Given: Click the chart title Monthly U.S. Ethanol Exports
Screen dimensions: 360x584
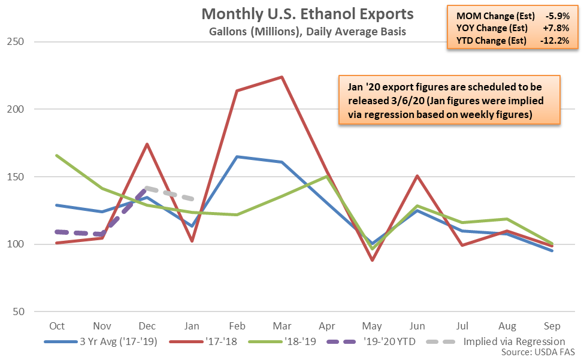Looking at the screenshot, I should (x=307, y=14).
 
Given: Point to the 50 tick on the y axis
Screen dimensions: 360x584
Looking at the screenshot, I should (x=22, y=311).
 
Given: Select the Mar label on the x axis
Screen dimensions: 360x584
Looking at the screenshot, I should (x=282, y=326).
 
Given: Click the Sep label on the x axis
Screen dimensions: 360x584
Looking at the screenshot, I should (x=552, y=326).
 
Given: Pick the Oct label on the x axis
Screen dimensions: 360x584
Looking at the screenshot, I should (x=57, y=326).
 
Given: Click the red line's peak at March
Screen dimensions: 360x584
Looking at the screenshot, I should (x=282, y=77).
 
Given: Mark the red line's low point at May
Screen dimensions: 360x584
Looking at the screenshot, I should (x=372, y=260).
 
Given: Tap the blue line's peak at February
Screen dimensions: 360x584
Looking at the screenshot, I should (x=237, y=156).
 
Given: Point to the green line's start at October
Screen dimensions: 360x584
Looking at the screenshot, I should (x=57, y=155).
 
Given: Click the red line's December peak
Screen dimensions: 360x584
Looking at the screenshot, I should (x=147, y=144).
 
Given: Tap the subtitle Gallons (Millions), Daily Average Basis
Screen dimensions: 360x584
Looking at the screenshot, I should (x=307, y=32).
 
